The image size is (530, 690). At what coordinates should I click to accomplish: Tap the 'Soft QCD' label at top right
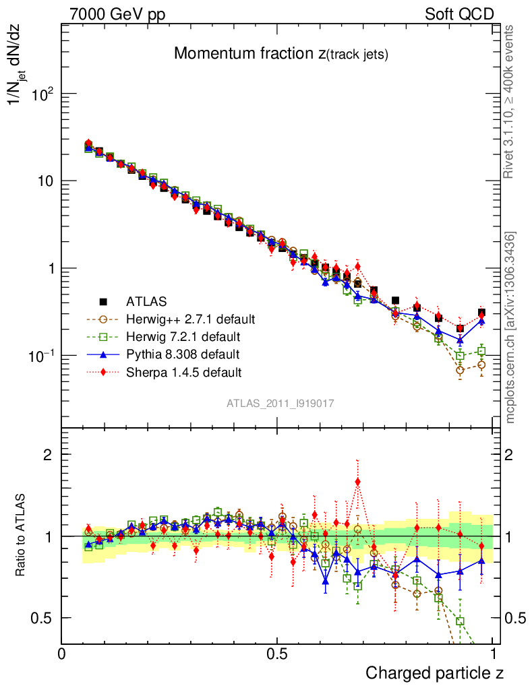tap(459, 14)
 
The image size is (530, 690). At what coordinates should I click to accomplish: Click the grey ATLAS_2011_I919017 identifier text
tap(281, 403)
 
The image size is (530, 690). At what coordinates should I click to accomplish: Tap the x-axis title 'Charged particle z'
tap(434, 672)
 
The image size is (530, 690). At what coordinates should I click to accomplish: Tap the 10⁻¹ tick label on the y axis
tap(38, 355)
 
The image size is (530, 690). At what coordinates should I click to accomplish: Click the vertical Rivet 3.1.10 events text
tap(510, 102)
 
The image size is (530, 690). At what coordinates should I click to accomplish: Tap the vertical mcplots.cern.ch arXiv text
tap(510, 327)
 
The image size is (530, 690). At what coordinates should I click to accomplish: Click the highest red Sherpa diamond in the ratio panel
tap(357, 482)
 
